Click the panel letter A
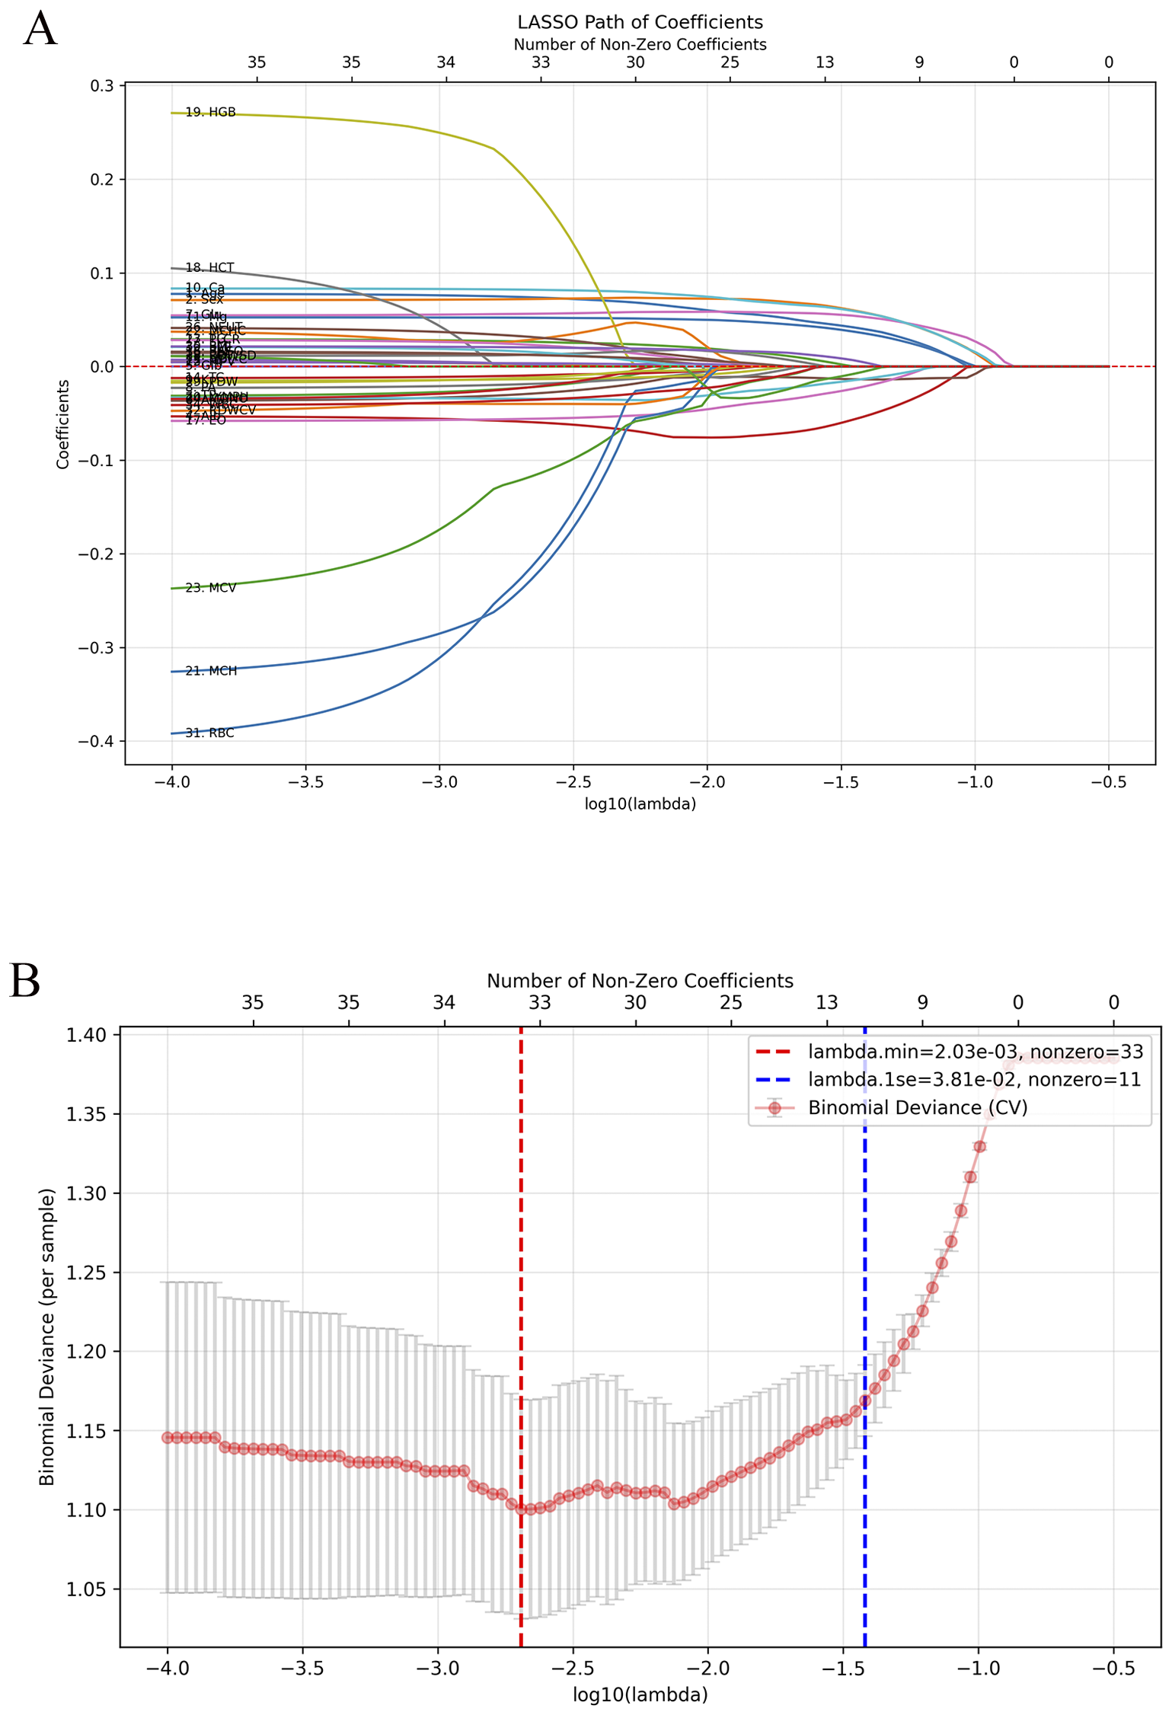[40, 30]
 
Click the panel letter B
[24, 982]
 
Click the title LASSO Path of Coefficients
[640, 22]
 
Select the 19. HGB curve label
[211, 113]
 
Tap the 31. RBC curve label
[210, 733]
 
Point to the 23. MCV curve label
[211, 588]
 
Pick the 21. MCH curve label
[212, 671]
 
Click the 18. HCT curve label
[210, 268]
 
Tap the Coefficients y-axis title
[62, 424]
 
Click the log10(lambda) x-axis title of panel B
[640, 1695]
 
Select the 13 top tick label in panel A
[824, 62]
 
